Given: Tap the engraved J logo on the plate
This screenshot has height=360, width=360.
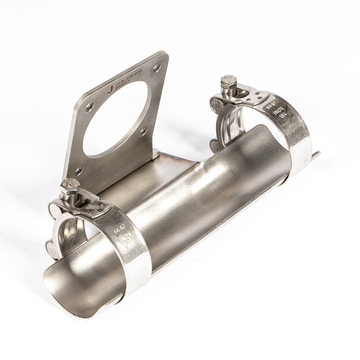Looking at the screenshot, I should [x=111, y=89].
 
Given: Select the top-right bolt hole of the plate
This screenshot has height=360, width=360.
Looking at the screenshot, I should [x=156, y=68].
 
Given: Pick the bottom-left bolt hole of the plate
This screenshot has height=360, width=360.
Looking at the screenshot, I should [x=78, y=171].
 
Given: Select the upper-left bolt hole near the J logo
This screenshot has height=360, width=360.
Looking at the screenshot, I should [x=90, y=107].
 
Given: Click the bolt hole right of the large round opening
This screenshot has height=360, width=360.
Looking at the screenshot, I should [x=143, y=131].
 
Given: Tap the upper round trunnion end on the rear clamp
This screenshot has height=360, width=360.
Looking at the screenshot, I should [x=217, y=104].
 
